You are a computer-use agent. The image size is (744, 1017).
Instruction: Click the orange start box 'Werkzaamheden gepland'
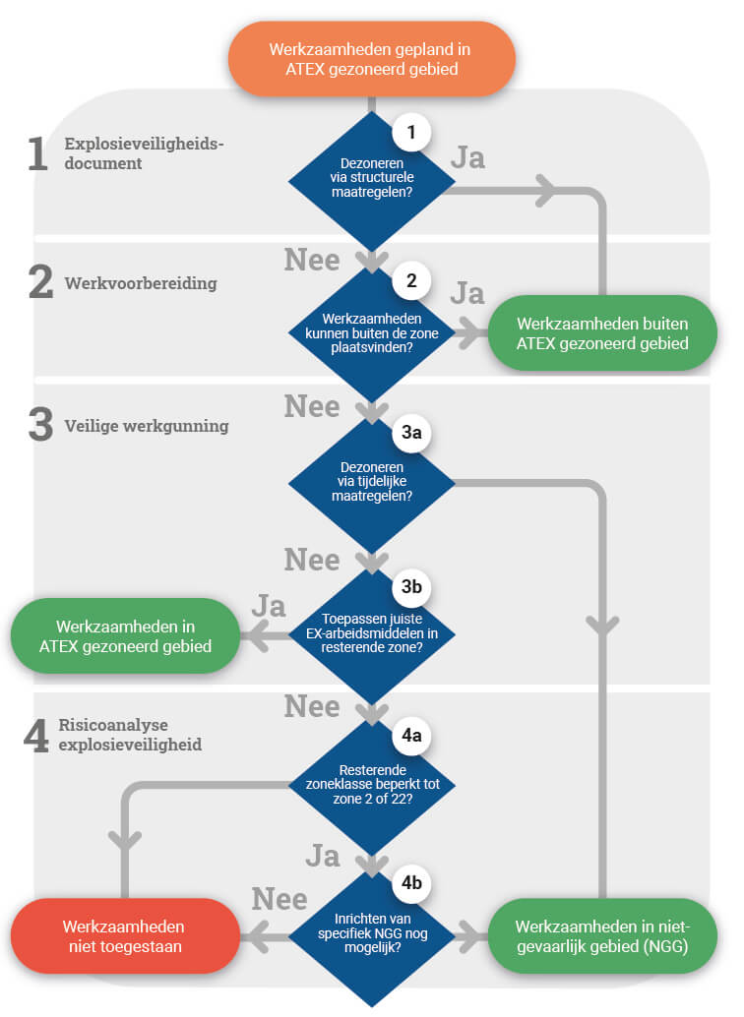click(x=371, y=59)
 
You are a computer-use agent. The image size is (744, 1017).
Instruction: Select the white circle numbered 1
click(x=411, y=133)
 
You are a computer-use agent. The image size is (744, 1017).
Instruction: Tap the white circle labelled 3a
click(x=411, y=433)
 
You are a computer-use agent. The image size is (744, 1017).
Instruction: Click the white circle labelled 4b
click(x=411, y=883)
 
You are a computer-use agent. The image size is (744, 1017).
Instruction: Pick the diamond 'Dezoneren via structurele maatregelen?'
click(x=371, y=182)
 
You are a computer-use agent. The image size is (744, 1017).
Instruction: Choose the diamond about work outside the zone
click(x=371, y=332)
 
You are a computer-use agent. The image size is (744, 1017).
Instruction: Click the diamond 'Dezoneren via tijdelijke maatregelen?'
click(x=371, y=483)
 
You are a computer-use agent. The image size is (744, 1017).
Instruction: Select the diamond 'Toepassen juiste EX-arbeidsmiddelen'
click(x=371, y=633)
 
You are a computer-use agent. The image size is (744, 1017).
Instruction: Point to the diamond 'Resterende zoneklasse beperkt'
click(x=371, y=785)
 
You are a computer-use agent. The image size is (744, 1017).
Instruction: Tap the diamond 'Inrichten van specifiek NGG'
click(x=371, y=936)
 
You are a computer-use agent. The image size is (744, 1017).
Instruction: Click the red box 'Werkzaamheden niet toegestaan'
click(x=125, y=936)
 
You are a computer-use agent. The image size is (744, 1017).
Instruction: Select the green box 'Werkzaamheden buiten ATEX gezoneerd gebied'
click(x=602, y=333)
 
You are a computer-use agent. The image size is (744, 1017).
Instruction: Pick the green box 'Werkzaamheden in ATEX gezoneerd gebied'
click(x=125, y=636)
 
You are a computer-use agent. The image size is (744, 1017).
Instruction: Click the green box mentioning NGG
click(x=602, y=936)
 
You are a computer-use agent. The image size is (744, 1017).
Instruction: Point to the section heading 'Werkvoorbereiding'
click(x=141, y=283)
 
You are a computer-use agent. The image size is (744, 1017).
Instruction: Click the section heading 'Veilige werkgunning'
click(x=147, y=426)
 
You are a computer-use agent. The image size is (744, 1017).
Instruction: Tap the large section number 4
click(x=36, y=736)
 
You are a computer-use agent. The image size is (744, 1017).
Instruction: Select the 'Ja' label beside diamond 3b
click(x=269, y=606)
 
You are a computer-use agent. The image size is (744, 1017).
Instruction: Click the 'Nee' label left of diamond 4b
click(x=279, y=899)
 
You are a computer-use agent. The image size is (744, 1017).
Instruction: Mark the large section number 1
click(x=38, y=153)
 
